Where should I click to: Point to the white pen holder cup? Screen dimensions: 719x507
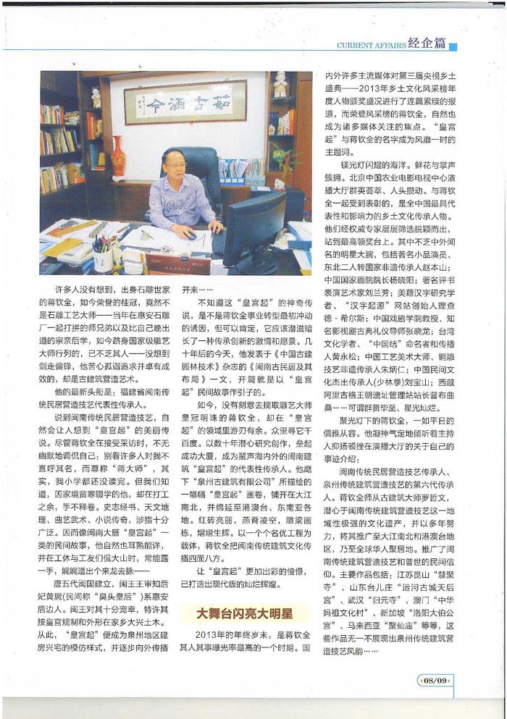click(x=102, y=259)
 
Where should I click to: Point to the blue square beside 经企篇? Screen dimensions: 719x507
click(x=453, y=47)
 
